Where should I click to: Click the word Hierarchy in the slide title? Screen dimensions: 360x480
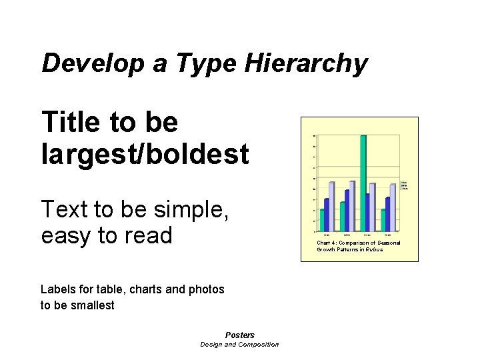click(x=306, y=64)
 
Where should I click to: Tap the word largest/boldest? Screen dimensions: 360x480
click(x=145, y=154)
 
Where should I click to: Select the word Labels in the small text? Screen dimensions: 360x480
click(x=58, y=289)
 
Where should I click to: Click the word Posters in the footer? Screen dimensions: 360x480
click(x=240, y=335)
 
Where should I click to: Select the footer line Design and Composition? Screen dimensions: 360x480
click(x=240, y=345)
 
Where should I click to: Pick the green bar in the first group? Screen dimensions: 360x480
click(x=322, y=220)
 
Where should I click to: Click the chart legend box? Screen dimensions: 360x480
click(x=404, y=185)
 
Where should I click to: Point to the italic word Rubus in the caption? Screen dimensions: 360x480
click(x=375, y=250)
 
